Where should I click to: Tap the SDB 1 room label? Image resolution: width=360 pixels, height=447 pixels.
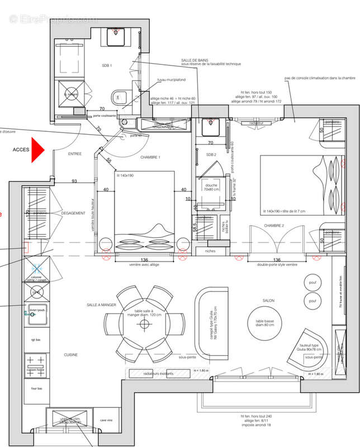(106, 66)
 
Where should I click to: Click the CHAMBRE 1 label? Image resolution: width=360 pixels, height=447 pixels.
(150, 158)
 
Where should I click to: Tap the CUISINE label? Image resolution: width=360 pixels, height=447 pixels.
(70, 355)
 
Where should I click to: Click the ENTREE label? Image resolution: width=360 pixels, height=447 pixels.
(74, 154)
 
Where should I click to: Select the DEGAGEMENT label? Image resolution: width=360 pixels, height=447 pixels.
(73, 213)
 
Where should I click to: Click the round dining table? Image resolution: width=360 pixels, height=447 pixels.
(144, 323)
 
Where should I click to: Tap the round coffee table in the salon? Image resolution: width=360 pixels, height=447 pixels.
(267, 324)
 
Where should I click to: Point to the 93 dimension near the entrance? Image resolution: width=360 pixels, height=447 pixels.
(74, 180)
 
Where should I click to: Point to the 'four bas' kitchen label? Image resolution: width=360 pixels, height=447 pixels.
(36, 389)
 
